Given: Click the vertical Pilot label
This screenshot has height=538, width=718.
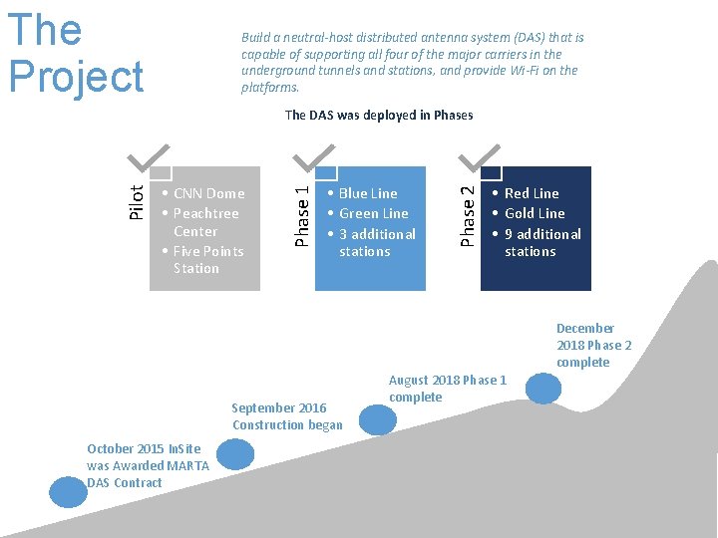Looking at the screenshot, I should pyautogui.click(x=138, y=200).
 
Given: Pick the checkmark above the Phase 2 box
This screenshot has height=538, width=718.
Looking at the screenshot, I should pyautogui.click(x=481, y=153).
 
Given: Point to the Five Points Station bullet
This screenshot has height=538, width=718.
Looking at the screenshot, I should pyautogui.click(x=207, y=259).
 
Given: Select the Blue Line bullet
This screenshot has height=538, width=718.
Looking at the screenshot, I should pyautogui.click(x=367, y=193).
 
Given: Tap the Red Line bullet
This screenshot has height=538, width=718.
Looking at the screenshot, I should pyautogui.click(x=532, y=193).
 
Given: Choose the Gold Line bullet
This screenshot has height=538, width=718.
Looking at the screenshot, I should pyautogui.click(x=535, y=213).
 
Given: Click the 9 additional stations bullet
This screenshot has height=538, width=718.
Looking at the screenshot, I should pyautogui.click(x=541, y=242).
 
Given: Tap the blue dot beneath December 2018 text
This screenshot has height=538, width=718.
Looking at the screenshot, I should pyautogui.click(x=544, y=387).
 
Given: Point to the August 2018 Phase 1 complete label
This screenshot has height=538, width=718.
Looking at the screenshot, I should pyautogui.click(x=448, y=388).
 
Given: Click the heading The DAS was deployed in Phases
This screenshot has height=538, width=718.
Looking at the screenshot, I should pyautogui.click(x=379, y=115).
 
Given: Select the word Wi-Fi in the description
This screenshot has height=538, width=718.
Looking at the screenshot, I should pyautogui.click(x=521, y=71).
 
